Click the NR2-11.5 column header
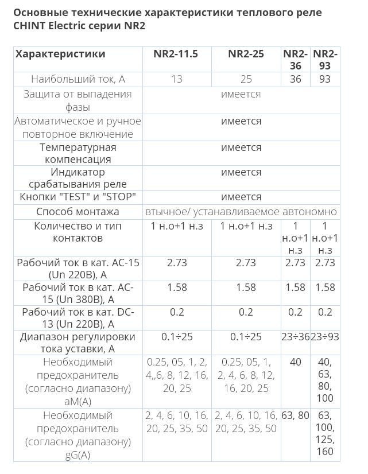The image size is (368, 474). click(x=176, y=54)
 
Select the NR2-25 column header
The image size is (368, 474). click(x=246, y=54)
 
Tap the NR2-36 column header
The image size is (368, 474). click(x=295, y=60)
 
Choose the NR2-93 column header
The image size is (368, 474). click(x=325, y=60)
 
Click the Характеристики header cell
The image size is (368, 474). click(x=61, y=54)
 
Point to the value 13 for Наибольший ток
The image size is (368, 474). click(x=176, y=79)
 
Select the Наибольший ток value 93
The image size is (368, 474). click(x=325, y=79)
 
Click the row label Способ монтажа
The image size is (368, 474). click(x=78, y=212)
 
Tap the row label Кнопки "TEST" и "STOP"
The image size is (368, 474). click(x=78, y=197)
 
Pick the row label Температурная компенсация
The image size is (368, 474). click(x=78, y=153)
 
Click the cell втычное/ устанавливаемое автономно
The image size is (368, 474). click(x=241, y=212)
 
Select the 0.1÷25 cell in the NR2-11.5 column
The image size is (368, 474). click(x=177, y=337)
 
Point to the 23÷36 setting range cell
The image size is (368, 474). click(x=295, y=337)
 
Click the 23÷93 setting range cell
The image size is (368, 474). click(x=325, y=337)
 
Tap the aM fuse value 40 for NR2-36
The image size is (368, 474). click(x=295, y=362)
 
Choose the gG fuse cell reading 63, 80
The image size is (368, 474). click(x=295, y=415)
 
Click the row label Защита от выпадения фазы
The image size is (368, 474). click(x=78, y=100)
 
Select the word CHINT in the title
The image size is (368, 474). click(x=30, y=26)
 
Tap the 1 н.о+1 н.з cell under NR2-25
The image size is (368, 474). click(x=246, y=226)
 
